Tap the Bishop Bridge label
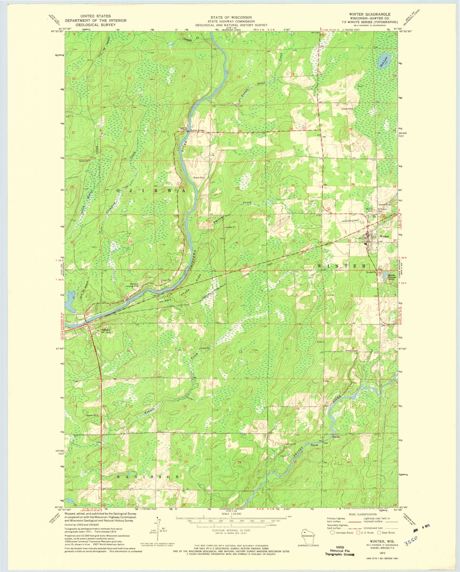[197, 130]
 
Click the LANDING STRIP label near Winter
[349, 221]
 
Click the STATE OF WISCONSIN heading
[231, 18]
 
